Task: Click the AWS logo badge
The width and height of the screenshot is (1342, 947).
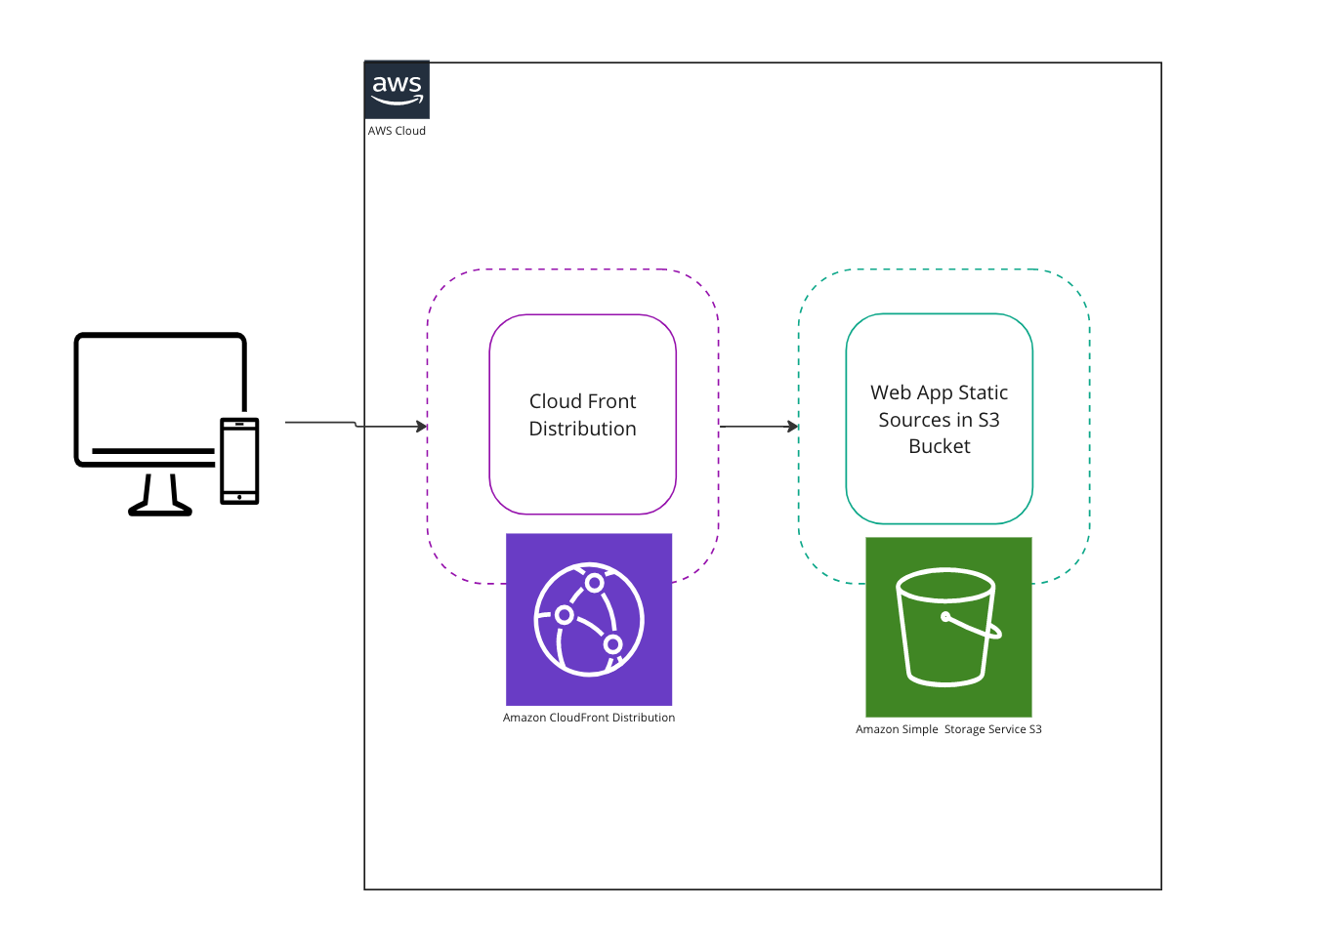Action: tap(397, 90)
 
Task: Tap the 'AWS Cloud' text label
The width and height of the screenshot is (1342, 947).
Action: tap(397, 131)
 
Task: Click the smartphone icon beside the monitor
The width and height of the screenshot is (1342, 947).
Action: tap(239, 461)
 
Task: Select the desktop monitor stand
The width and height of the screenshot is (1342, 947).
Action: tap(160, 496)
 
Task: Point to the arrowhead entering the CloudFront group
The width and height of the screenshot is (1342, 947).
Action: tap(422, 427)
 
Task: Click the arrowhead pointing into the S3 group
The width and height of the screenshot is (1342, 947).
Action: tap(793, 427)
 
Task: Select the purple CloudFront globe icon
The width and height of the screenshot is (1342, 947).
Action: tap(589, 619)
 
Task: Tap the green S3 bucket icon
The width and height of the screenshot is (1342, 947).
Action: tap(948, 627)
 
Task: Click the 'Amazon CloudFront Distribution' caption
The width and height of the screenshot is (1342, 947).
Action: tap(589, 718)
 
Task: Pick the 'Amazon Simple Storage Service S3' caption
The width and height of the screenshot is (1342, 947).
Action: tap(948, 729)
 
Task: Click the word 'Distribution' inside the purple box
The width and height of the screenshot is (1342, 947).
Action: tap(582, 429)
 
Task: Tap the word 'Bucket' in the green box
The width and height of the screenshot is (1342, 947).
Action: tap(940, 446)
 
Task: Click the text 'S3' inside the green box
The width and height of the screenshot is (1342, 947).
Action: tap(988, 420)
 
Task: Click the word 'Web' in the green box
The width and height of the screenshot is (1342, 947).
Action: tap(891, 392)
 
